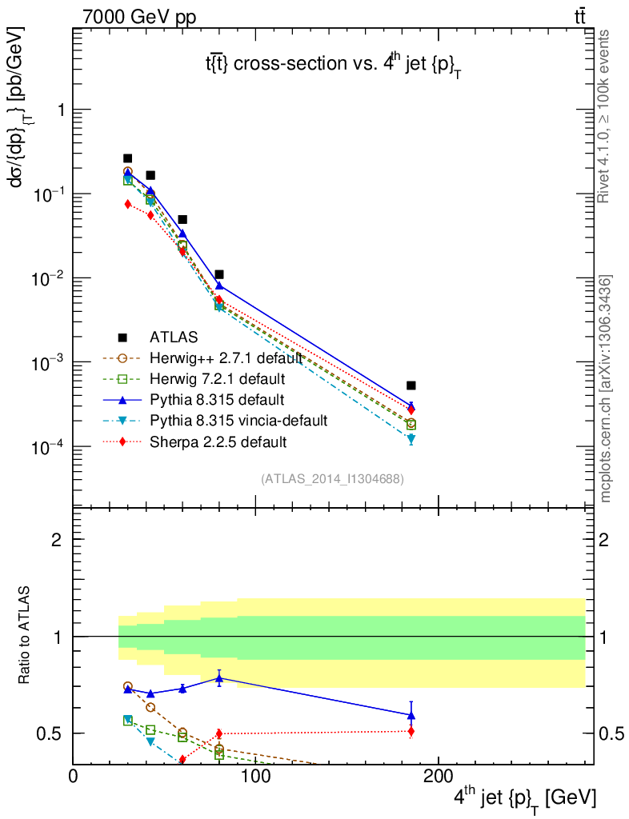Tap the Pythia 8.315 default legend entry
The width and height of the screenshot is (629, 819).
coord(216,399)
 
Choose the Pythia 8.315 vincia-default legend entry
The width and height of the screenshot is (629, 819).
coord(238,420)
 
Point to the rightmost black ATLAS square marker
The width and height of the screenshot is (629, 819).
coord(411,386)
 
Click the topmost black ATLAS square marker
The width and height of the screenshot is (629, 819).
coord(127,158)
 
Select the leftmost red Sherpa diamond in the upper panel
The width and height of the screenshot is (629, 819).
coord(127,204)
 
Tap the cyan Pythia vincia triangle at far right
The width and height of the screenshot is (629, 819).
coord(411,439)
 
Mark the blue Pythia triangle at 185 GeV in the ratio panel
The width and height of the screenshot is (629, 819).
coord(411,715)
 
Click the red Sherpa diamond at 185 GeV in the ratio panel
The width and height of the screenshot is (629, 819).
coord(411,731)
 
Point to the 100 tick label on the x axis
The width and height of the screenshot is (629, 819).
coord(255,776)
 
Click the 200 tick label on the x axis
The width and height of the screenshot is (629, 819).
coord(437,776)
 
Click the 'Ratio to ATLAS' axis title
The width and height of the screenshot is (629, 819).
coord(25,637)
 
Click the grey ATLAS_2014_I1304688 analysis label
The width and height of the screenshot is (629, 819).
coord(332,478)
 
